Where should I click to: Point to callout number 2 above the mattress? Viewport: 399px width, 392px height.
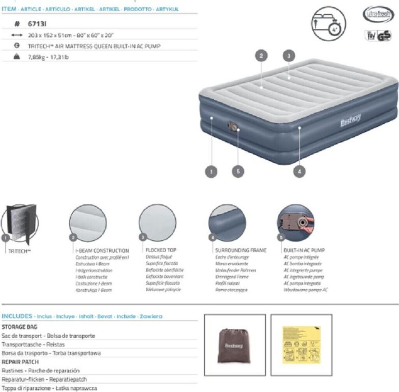[261, 56]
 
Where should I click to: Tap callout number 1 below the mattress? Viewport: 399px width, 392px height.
[211, 171]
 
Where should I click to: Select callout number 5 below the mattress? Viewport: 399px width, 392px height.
[238, 171]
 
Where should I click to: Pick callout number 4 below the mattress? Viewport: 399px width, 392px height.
[299, 171]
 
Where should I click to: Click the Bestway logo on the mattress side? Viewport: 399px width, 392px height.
[351, 120]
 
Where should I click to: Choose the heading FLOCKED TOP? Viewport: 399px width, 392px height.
[161, 250]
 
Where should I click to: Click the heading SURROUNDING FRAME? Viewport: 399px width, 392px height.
[241, 250]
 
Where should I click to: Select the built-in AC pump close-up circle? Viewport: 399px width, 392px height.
[295, 223]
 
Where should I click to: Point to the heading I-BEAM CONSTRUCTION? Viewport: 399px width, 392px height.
[102, 251]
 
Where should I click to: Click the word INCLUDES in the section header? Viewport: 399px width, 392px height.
[17, 316]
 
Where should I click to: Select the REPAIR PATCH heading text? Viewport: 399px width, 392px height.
[20, 362]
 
